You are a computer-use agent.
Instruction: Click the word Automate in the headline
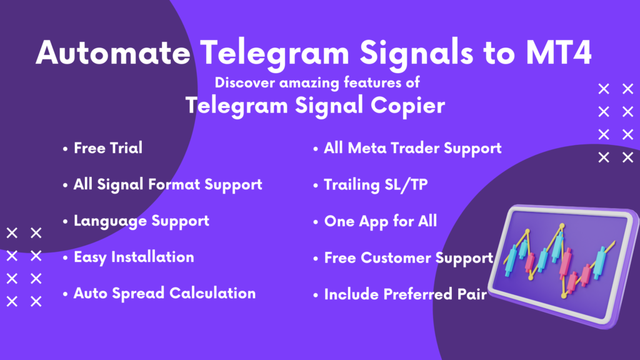point(113,52)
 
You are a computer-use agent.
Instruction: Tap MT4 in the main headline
point(558,52)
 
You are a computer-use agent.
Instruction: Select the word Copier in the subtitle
point(407,106)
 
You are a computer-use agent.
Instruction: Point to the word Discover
point(245,82)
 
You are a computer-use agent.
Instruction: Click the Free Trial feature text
point(108,147)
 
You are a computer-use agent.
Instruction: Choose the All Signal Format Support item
point(167,184)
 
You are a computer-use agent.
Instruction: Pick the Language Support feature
point(141,221)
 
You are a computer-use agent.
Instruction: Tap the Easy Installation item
point(134,257)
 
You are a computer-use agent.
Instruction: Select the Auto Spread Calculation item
point(164,294)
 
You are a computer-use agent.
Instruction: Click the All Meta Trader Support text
point(412,148)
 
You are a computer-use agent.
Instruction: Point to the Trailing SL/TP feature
point(376,185)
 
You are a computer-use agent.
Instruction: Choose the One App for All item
point(381,221)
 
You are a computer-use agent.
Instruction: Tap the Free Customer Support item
point(409,258)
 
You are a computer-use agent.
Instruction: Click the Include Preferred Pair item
point(405,294)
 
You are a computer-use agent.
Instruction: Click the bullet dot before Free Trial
point(65,149)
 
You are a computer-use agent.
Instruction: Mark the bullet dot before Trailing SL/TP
point(316,186)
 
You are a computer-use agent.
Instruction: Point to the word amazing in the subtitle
point(309,83)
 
